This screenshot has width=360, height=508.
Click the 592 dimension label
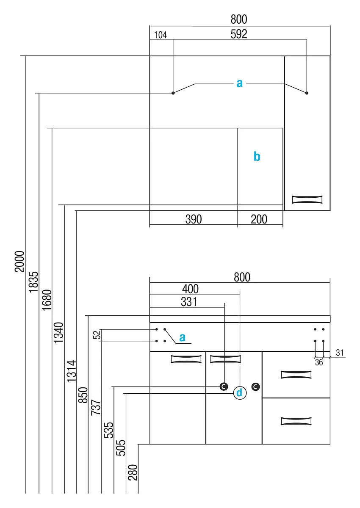(238, 34)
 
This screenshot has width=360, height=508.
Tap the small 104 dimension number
(161, 35)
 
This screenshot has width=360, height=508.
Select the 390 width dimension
(194, 219)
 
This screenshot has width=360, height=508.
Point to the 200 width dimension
(259, 219)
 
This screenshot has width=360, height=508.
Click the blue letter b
(257, 157)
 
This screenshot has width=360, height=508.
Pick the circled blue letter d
(240, 392)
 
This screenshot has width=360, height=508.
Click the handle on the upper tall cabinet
(307, 199)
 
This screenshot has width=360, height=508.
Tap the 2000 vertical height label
(19, 261)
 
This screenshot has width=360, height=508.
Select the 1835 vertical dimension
(33, 282)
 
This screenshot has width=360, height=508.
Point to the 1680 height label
(47, 300)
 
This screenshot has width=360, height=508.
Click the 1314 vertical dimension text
(71, 371)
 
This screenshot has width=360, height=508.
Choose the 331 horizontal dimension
(189, 302)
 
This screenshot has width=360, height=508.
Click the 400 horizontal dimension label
(190, 289)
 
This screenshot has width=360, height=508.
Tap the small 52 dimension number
(97, 335)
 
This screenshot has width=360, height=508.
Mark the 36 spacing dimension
(319, 362)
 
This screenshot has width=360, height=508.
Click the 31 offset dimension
(340, 353)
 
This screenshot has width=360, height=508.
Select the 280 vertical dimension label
(133, 472)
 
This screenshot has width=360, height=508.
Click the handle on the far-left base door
(186, 359)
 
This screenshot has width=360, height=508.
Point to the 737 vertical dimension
(95, 407)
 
